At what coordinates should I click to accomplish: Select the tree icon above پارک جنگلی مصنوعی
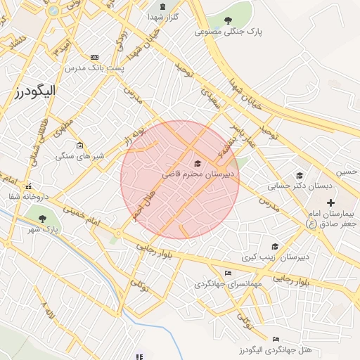coord(229,20)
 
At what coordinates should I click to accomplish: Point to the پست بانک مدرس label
coord(94,68)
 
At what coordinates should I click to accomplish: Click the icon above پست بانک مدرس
coord(95,57)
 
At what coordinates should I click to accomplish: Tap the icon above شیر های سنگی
coord(79,144)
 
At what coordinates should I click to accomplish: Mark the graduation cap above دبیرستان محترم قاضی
coord(198,162)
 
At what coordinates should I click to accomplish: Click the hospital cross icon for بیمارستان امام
coord(330,203)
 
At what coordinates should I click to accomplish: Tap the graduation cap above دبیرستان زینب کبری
coord(275,247)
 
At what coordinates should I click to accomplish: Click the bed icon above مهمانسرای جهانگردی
coord(226,274)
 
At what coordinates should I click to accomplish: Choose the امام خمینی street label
coord(82,215)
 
